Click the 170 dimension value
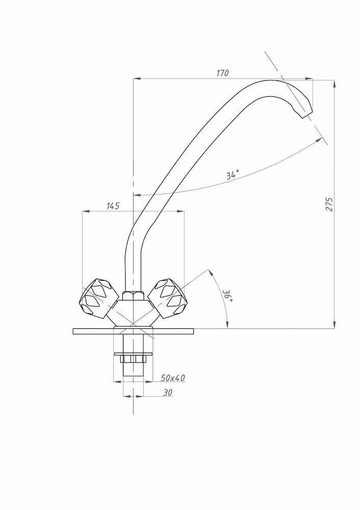[x=223, y=73]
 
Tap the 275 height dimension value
[x=329, y=204]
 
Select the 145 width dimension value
[x=113, y=206]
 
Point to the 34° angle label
[x=233, y=174]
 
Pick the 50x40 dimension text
[x=173, y=378]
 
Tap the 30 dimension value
[x=167, y=393]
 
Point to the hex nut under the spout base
[x=133, y=296]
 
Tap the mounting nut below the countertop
[x=133, y=359]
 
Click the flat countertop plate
[x=133, y=331]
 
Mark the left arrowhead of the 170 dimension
[x=137, y=79]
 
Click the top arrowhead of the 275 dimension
[x=335, y=84]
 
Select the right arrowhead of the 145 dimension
[x=181, y=212]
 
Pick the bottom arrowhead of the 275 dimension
[x=335, y=325]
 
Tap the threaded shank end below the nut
[x=133, y=369]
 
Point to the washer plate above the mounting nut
[x=133, y=354]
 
